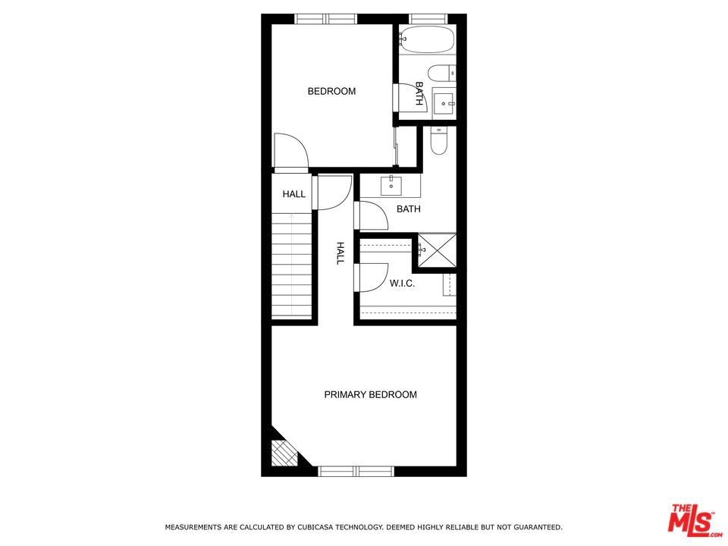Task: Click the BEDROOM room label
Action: pyautogui.click(x=331, y=91)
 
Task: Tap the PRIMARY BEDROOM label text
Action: pyautogui.click(x=371, y=394)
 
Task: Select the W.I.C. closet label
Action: pyautogui.click(x=402, y=283)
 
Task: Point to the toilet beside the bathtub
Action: pyautogui.click(x=441, y=74)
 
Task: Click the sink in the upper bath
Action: pyautogui.click(x=444, y=103)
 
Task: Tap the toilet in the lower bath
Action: pyautogui.click(x=438, y=140)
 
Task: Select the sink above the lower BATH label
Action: pyautogui.click(x=391, y=186)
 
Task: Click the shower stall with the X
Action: pyautogui.click(x=438, y=251)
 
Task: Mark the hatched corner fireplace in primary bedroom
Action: pyautogui.click(x=283, y=453)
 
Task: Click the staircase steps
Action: pyautogui.click(x=291, y=265)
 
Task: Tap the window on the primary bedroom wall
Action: pyautogui.click(x=356, y=471)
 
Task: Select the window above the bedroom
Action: pyautogui.click(x=326, y=19)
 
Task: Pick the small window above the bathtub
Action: pyautogui.click(x=428, y=19)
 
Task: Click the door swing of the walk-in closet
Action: pyautogui.click(x=372, y=278)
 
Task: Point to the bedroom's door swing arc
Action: pyautogui.click(x=291, y=150)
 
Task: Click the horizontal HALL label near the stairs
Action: pyautogui.click(x=294, y=194)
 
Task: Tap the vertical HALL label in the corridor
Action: pyautogui.click(x=340, y=253)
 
